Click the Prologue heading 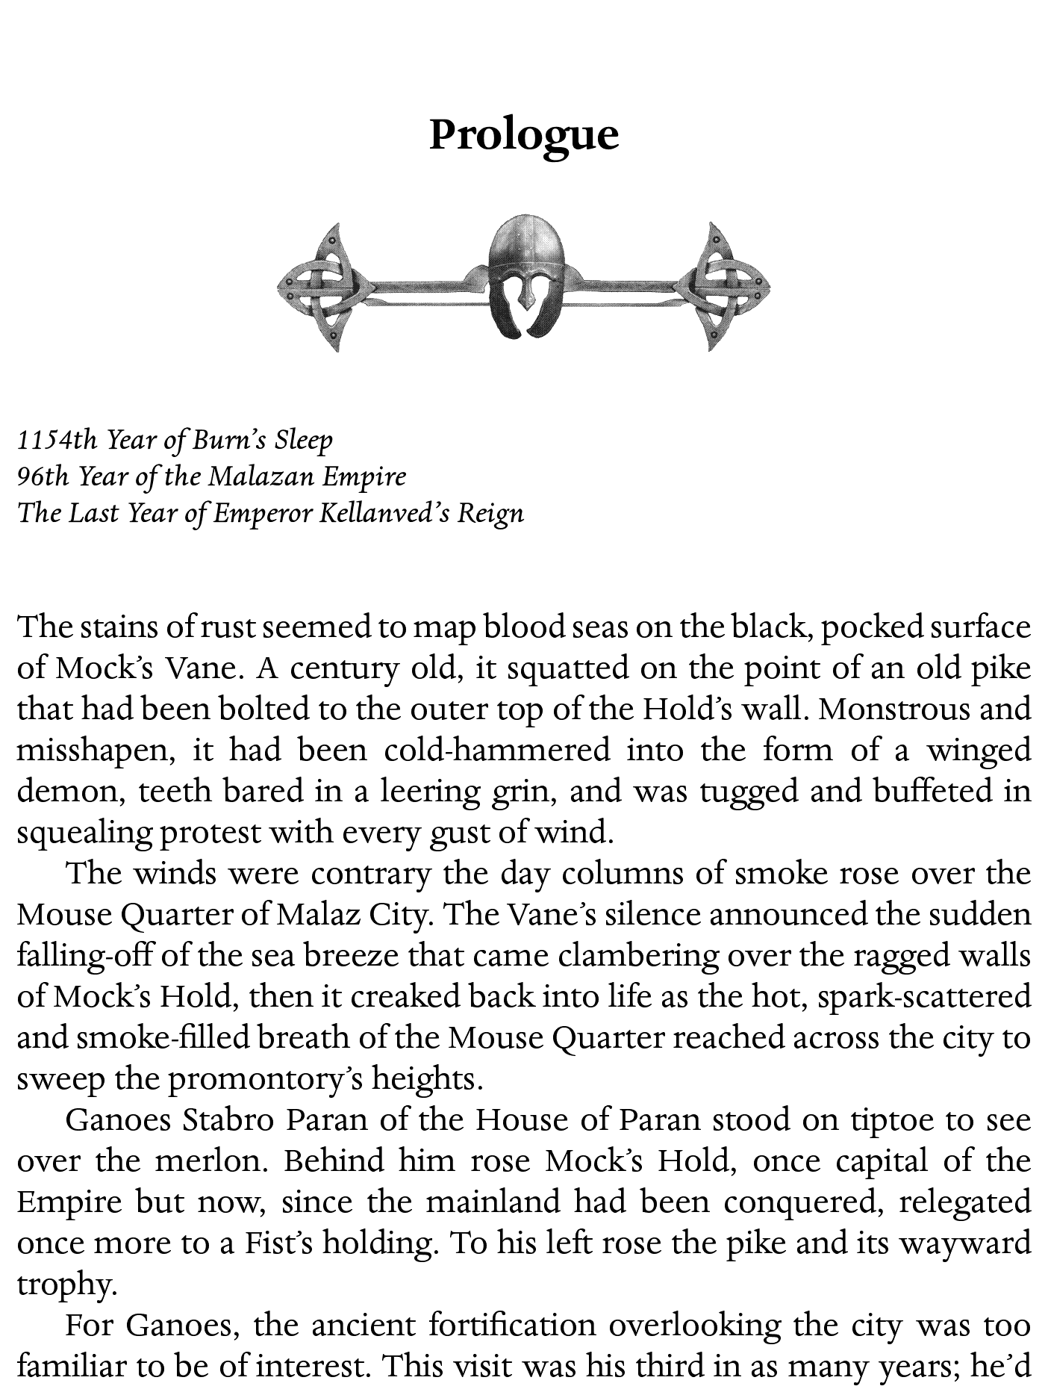(x=524, y=134)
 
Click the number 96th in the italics (x=46, y=476)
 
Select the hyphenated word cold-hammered (x=496, y=750)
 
